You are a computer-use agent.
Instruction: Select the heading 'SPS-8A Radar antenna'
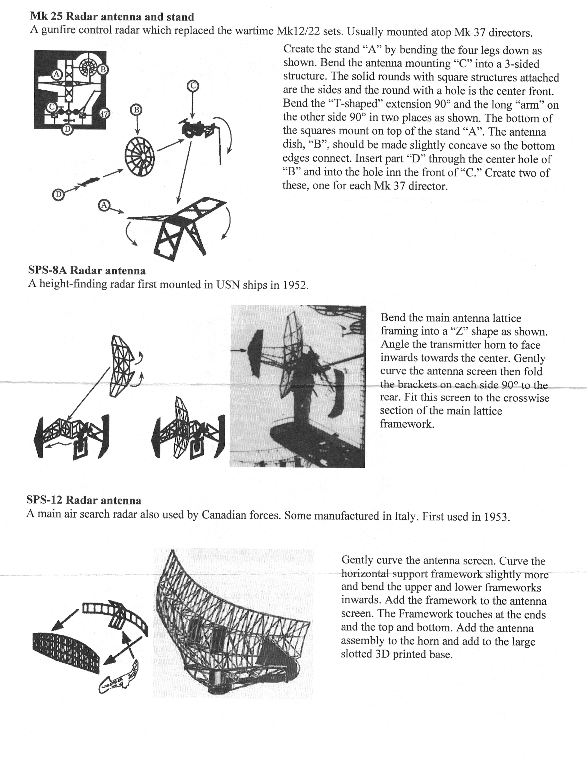click(x=87, y=270)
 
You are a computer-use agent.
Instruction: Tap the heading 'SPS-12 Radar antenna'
click(x=84, y=501)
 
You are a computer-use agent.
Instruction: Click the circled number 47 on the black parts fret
click(x=104, y=114)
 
